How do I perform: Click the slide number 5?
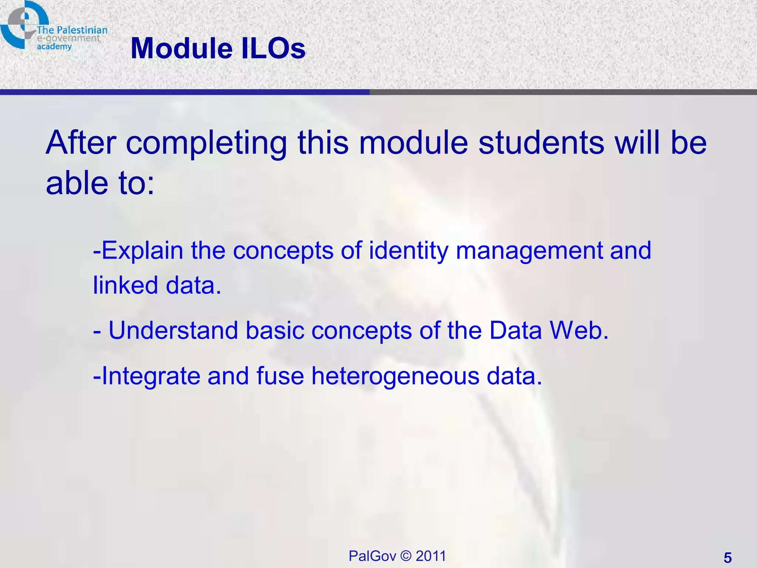click(727, 558)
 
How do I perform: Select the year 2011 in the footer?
click(431, 556)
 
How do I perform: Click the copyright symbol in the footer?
click(405, 556)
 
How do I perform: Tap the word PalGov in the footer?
click(372, 556)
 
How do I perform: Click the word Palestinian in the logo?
click(82, 30)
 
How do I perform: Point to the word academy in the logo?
click(54, 47)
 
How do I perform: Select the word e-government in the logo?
click(68, 38)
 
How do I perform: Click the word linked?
click(126, 285)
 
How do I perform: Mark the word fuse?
click(280, 376)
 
